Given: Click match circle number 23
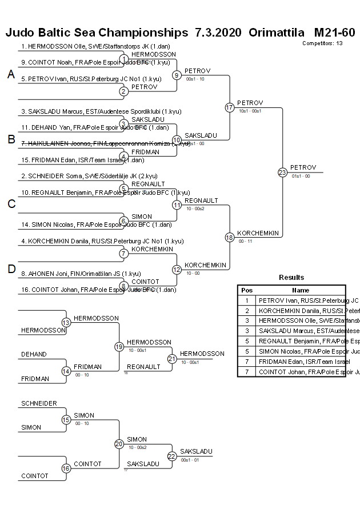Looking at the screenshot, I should [282, 172].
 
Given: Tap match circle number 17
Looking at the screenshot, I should [230, 107].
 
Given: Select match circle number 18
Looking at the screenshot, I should [230, 237].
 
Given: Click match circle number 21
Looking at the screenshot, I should [172, 359].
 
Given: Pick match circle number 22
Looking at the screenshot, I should [172, 456].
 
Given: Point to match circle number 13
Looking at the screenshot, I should [66, 323].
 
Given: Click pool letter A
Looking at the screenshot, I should [11, 74].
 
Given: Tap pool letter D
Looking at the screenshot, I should [11, 269].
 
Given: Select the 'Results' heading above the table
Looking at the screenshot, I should [291, 278].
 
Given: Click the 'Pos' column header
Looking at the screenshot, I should [247, 290].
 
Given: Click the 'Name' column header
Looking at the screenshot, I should [301, 290].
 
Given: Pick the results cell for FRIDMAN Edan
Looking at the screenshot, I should [302, 362].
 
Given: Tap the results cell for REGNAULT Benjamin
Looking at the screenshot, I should [302, 341].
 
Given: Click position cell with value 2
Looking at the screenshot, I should [247, 310].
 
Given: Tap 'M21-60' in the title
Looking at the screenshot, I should [334, 32].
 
